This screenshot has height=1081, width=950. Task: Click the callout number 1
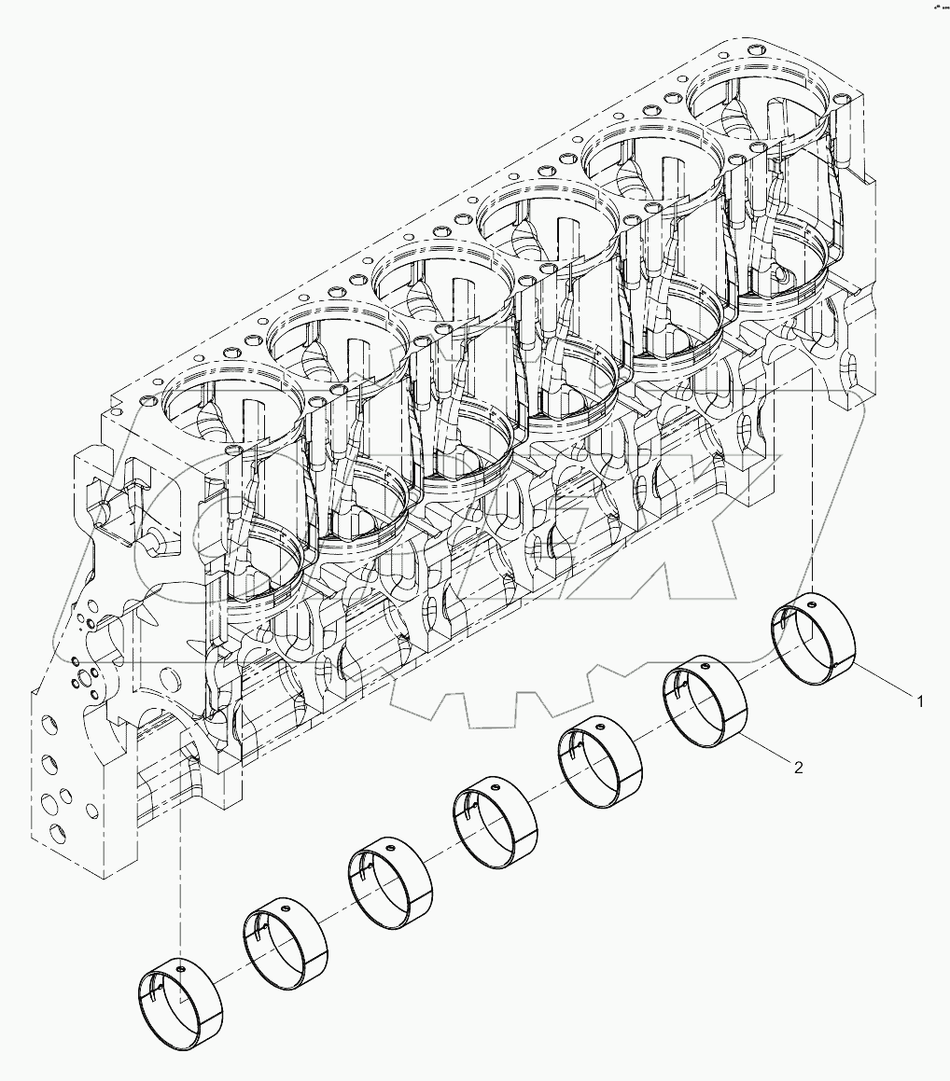pos(920,699)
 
